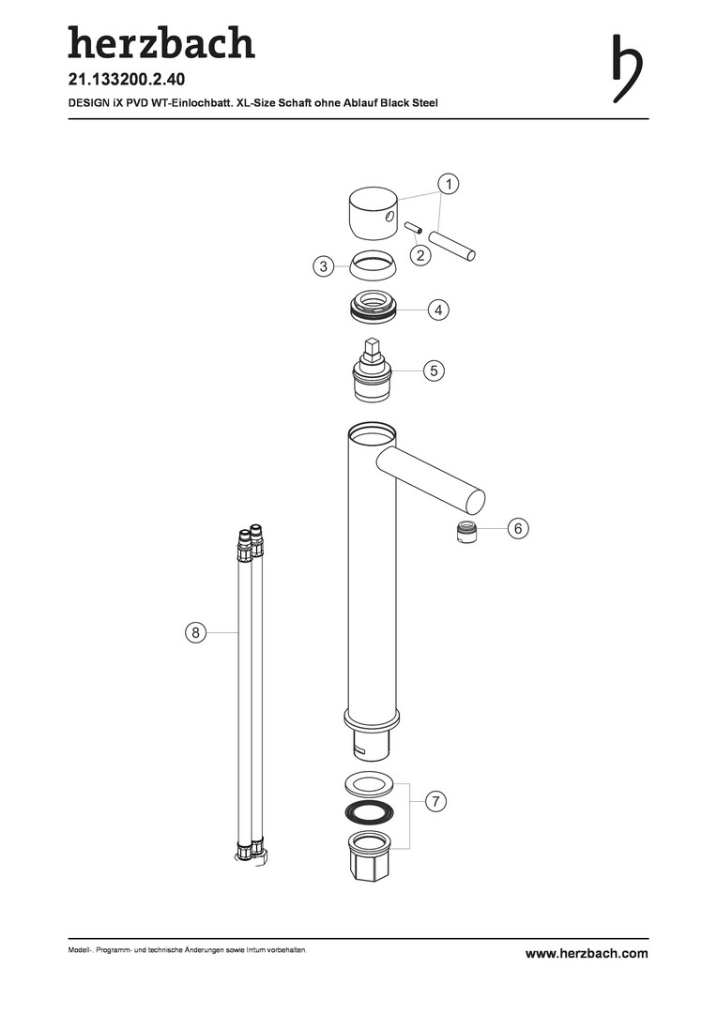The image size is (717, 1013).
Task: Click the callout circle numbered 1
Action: coord(448,184)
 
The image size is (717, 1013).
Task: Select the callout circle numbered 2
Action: coord(420,255)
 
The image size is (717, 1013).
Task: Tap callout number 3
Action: coord(323,265)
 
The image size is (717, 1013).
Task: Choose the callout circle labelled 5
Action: coord(434,370)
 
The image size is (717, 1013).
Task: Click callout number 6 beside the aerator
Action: coord(518,528)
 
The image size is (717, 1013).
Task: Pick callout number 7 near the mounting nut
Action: coord(435,802)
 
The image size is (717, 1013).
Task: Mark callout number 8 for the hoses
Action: coord(196,632)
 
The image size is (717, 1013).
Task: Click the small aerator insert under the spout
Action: coord(466,532)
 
